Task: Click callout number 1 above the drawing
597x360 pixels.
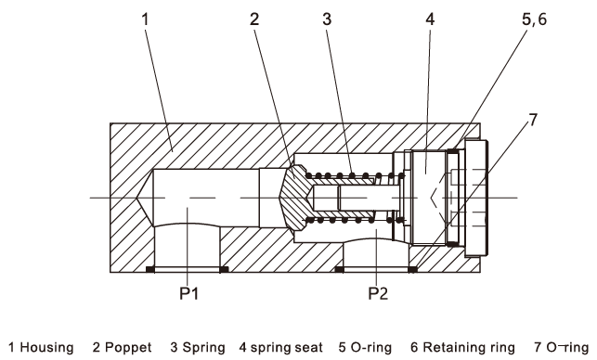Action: (145, 19)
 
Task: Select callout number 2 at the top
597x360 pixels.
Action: (254, 19)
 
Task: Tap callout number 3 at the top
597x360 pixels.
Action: (327, 19)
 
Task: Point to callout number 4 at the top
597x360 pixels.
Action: (430, 19)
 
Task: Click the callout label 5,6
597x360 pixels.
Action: (534, 19)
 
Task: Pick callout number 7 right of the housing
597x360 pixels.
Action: (533, 120)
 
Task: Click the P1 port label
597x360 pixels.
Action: (188, 293)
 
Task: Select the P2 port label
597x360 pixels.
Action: (378, 293)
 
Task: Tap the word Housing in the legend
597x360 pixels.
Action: (46, 347)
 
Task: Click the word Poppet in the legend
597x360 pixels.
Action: (128, 347)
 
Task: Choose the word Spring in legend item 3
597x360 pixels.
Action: (203, 347)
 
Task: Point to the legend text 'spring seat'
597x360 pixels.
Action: (286, 347)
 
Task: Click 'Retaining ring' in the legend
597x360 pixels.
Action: (469, 347)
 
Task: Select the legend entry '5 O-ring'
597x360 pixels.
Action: (365, 347)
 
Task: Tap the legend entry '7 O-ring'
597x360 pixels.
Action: (562, 347)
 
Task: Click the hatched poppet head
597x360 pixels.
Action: (294, 198)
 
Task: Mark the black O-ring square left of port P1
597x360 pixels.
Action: (150, 269)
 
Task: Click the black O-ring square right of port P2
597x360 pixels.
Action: (413, 269)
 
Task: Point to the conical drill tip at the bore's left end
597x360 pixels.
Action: (145, 198)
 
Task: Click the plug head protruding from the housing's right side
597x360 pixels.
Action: (476, 198)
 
